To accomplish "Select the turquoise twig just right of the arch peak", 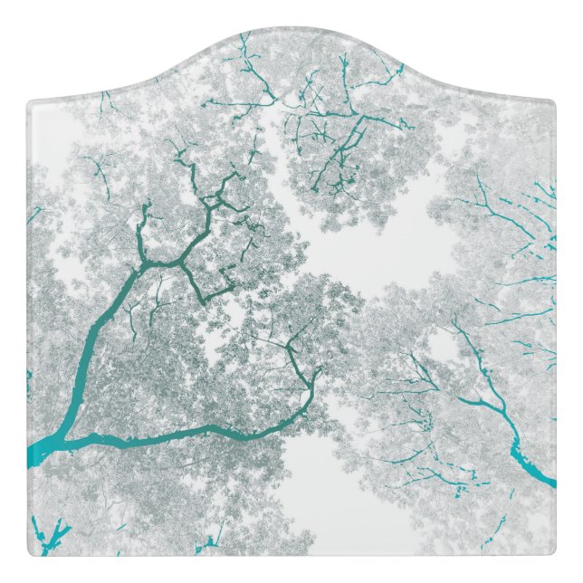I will (x=344, y=68).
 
